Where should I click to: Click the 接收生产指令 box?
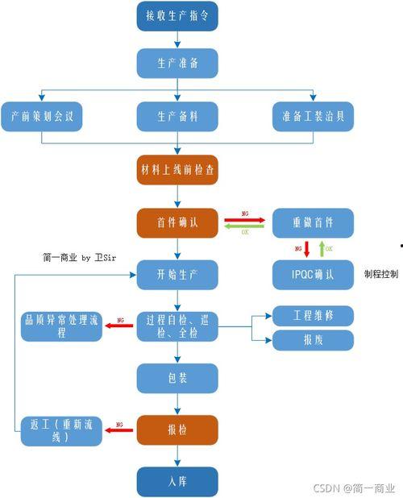tap(177, 16)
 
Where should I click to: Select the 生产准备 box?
tap(177, 63)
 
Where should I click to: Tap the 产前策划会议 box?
tap(42, 115)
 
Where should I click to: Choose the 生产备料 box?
tap(177, 115)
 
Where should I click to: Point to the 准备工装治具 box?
tap(314, 115)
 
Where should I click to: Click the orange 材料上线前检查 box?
tap(177, 170)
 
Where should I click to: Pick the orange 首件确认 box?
tap(177, 222)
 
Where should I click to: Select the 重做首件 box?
tap(314, 222)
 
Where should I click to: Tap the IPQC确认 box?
tap(314, 274)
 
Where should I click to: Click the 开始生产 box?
tap(177, 274)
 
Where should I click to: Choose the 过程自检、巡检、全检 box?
tap(177, 326)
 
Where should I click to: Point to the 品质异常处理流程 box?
tap(61, 326)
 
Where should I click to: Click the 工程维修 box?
tap(314, 315)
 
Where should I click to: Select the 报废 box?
tap(314, 340)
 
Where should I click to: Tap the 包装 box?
tap(177, 378)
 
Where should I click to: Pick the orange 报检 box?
tap(177, 430)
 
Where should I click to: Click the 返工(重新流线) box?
tap(61, 430)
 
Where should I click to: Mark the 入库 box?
tap(177, 482)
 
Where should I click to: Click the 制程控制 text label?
tap(381, 274)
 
